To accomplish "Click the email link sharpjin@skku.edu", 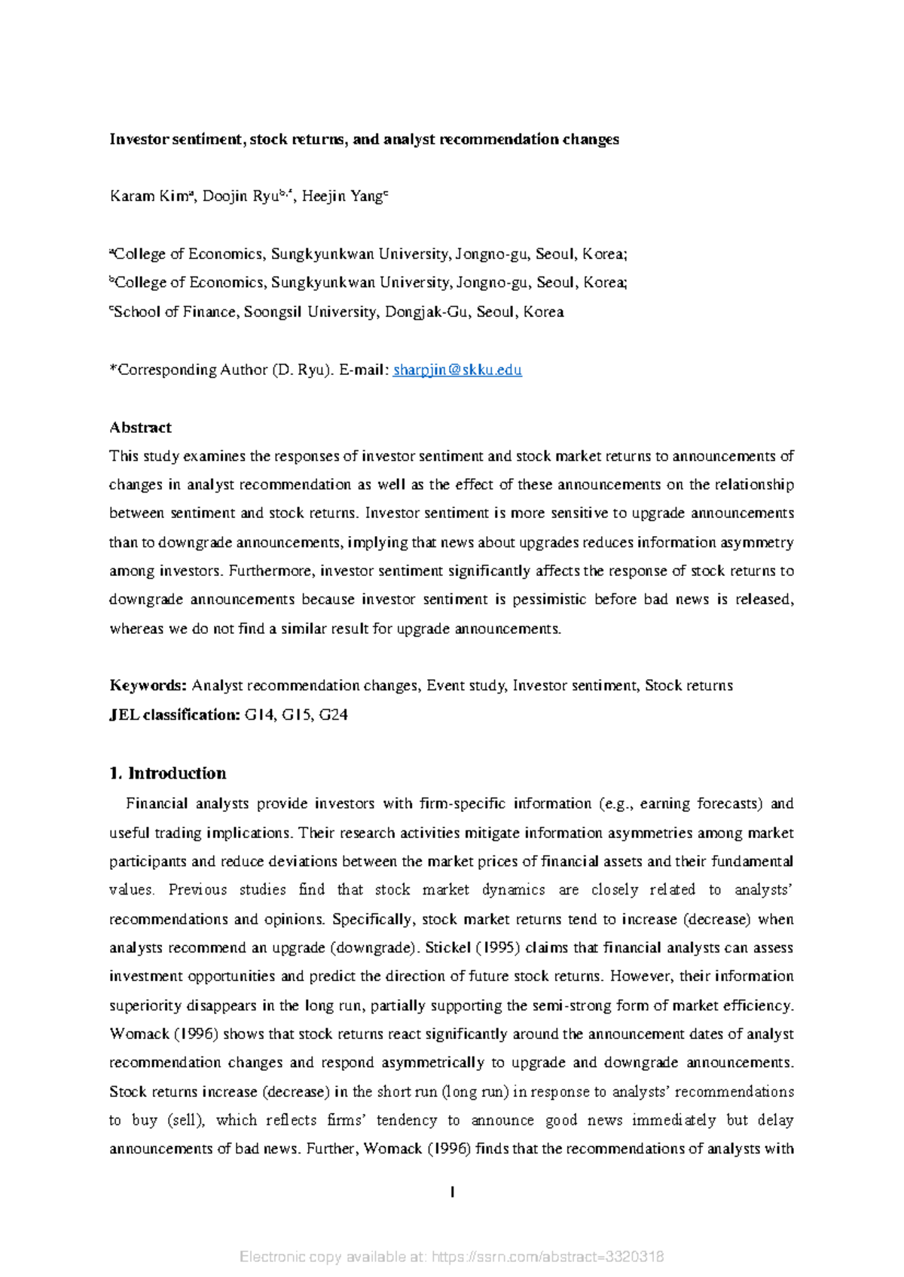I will (x=457, y=370).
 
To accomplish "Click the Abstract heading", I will (x=140, y=428).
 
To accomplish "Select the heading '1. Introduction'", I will (x=167, y=773).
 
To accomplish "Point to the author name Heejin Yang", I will (x=343, y=197).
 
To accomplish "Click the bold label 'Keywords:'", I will (x=148, y=686).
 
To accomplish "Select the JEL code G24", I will (x=333, y=715).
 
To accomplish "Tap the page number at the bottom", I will (x=452, y=1192).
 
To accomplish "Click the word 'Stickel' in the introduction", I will (x=448, y=948).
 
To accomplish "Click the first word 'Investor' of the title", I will (x=139, y=139).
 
